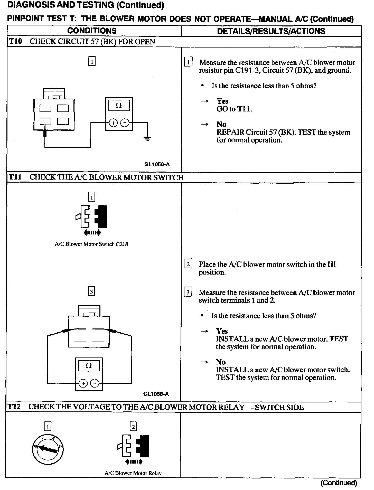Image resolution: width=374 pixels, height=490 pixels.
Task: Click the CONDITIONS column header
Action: pyautogui.click(x=92, y=31)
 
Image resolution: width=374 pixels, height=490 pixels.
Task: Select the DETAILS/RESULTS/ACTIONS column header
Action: pyautogui.click(x=271, y=31)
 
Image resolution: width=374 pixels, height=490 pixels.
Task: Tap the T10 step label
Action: pyautogui.click(x=15, y=42)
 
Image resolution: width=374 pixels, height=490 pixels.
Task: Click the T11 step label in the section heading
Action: pyautogui.click(x=15, y=177)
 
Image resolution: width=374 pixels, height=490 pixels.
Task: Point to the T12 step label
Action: pyautogui.click(x=14, y=407)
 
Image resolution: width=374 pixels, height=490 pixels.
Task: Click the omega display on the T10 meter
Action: pyautogui.click(x=119, y=106)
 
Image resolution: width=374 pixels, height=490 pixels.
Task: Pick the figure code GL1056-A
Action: pyautogui.click(x=157, y=164)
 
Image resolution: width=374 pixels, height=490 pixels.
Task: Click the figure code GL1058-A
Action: pyautogui.click(x=156, y=394)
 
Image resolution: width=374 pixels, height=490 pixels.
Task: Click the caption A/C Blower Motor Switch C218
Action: pyautogui.click(x=91, y=244)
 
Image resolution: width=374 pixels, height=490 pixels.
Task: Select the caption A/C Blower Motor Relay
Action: pyautogui.click(x=133, y=473)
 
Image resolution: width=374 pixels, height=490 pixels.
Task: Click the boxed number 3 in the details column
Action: pyautogui.click(x=188, y=292)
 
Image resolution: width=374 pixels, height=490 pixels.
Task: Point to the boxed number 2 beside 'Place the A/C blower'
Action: pyautogui.click(x=188, y=264)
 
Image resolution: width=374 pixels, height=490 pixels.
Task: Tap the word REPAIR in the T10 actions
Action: pyautogui.click(x=230, y=132)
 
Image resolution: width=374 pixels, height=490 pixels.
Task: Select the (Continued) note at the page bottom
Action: pyautogui.click(x=339, y=483)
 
